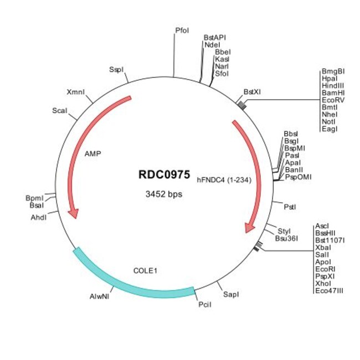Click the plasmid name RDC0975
pyautogui.click(x=164, y=174)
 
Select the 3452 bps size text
pyautogui.click(x=164, y=194)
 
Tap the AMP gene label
pyautogui.click(x=92, y=153)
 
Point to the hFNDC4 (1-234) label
pyautogui.click(x=224, y=180)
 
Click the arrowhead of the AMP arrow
pyautogui.click(x=74, y=214)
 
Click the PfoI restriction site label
pyautogui.click(x=182, y=30)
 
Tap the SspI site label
pyautogui.click(x=116, y=69)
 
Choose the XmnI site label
pyautogui.click(x=76, y=92)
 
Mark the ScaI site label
pyautogui.click(x=60, y=111)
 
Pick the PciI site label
pyautogui.click(x=205, y=305)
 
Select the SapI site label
pyautogui.click(x=231, y=294)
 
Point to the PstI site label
pyautogui.click(x=290, y=207)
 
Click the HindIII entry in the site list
pyautogui.click(x=333, y=86)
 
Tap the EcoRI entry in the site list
pyautogui.click(x=325, y=269)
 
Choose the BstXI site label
pyautogui.click(x=252, y=92)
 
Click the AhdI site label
pyautogui.click(x=39, y=218)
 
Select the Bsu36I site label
pyautogui.click(x=286, y=239)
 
